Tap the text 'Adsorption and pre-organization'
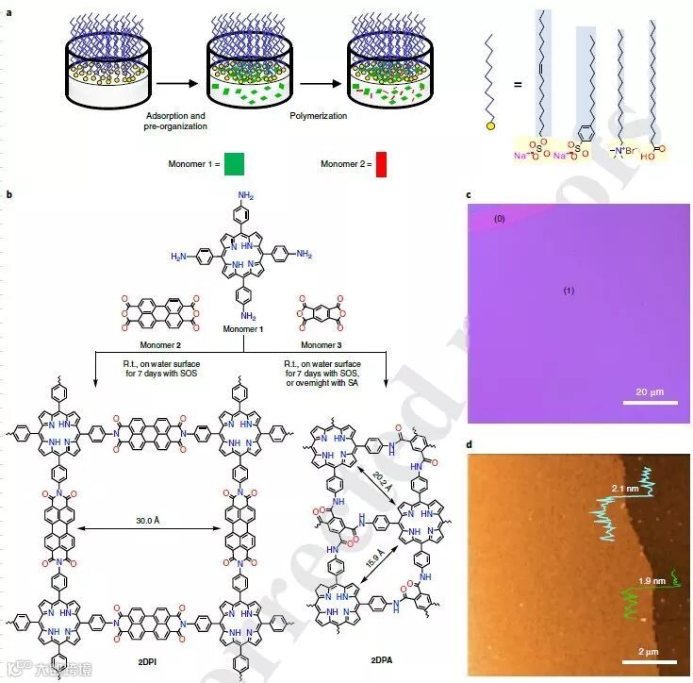[176, 121]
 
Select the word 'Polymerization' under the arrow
[319, 116]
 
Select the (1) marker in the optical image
[569, 291]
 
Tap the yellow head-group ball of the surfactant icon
[490, 125]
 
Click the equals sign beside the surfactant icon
[518, 85]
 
